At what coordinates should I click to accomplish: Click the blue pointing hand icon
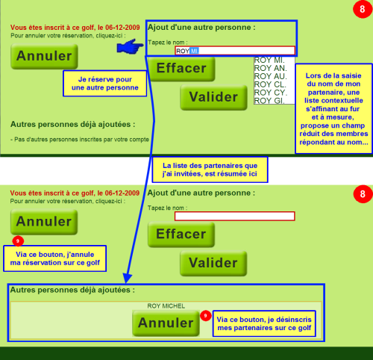pos(130,46)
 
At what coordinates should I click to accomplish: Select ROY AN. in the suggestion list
pos(271,68)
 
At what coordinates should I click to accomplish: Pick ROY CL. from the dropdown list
pos(270,84)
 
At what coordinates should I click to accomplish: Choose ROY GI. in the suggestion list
pos(269,101)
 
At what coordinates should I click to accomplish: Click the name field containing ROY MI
pos(235,51)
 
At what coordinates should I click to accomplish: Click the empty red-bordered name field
pos(235,216)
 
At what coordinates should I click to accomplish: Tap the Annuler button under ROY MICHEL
pos(166,323)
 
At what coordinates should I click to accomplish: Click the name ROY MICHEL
pos(166,306)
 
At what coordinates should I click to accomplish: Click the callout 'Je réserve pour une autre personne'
pos(105,84)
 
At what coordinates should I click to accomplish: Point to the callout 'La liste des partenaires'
pos(210,170)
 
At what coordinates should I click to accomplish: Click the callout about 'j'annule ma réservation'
pos(55,258)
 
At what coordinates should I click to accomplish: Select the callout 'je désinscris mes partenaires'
pos(264,323)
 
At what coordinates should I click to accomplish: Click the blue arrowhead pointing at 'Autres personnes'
pos(128,278)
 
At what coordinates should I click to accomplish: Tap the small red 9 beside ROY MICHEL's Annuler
pos(206,316)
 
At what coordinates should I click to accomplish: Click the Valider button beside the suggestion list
pos(213,97)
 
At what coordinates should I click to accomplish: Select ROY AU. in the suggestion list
pos(271,76)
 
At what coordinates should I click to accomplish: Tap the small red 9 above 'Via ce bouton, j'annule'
pos(18,240)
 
